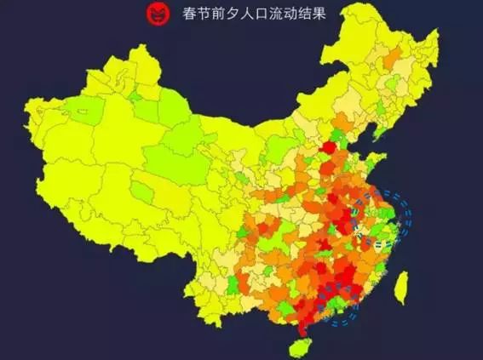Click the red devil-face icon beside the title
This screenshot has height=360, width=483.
pos(157,13)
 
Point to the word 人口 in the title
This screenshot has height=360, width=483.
pos(248,14)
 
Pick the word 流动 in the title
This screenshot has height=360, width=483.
pos(279,14)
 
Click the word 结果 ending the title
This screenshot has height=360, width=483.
pos(311,14)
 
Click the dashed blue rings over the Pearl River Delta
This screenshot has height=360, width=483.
pos(341,311)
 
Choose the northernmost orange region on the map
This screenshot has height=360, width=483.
pos(394,58)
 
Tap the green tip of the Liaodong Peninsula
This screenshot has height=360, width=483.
pos(376,136)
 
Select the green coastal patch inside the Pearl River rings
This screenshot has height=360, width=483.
pos(339,305)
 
